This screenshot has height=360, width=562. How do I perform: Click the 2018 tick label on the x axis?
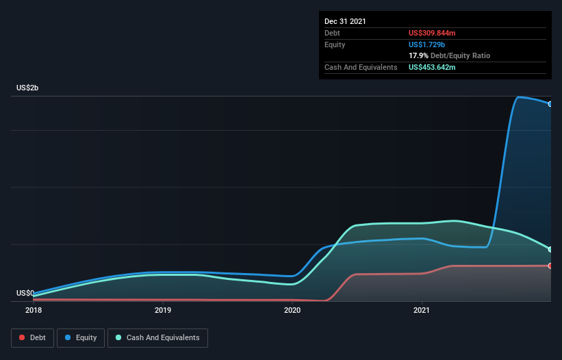point(33,310)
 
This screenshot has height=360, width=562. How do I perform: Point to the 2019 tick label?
point(163,310)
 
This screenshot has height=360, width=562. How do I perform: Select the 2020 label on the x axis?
point(292,310)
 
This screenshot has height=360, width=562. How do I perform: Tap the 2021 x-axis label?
point(422,310)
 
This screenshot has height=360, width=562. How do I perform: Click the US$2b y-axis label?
point(28,88)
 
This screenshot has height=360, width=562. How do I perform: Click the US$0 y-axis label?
point(25,293)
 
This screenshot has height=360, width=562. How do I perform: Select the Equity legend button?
point(81,337)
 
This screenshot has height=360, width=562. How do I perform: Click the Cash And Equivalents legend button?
point(157,337)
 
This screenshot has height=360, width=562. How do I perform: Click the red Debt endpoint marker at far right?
point(550,266)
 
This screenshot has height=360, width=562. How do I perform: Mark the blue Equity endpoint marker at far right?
point(550,104)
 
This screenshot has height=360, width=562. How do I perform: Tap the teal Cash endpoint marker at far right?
point(550,249)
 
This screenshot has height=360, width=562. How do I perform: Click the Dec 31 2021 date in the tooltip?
point(345,21)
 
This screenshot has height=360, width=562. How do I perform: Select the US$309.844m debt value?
point(432,33)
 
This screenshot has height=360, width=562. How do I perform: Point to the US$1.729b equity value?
point(427,44)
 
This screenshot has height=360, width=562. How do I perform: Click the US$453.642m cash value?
point(432,67)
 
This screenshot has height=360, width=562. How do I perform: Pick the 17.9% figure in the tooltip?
point(418,55)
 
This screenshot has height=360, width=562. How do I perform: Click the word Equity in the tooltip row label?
point(335,44)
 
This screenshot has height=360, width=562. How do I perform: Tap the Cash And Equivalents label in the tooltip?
point(361,67)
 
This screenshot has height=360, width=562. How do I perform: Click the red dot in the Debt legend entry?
point(23,337)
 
